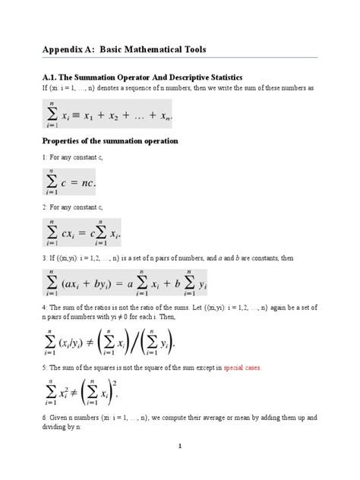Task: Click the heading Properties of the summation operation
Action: coord(110,141)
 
